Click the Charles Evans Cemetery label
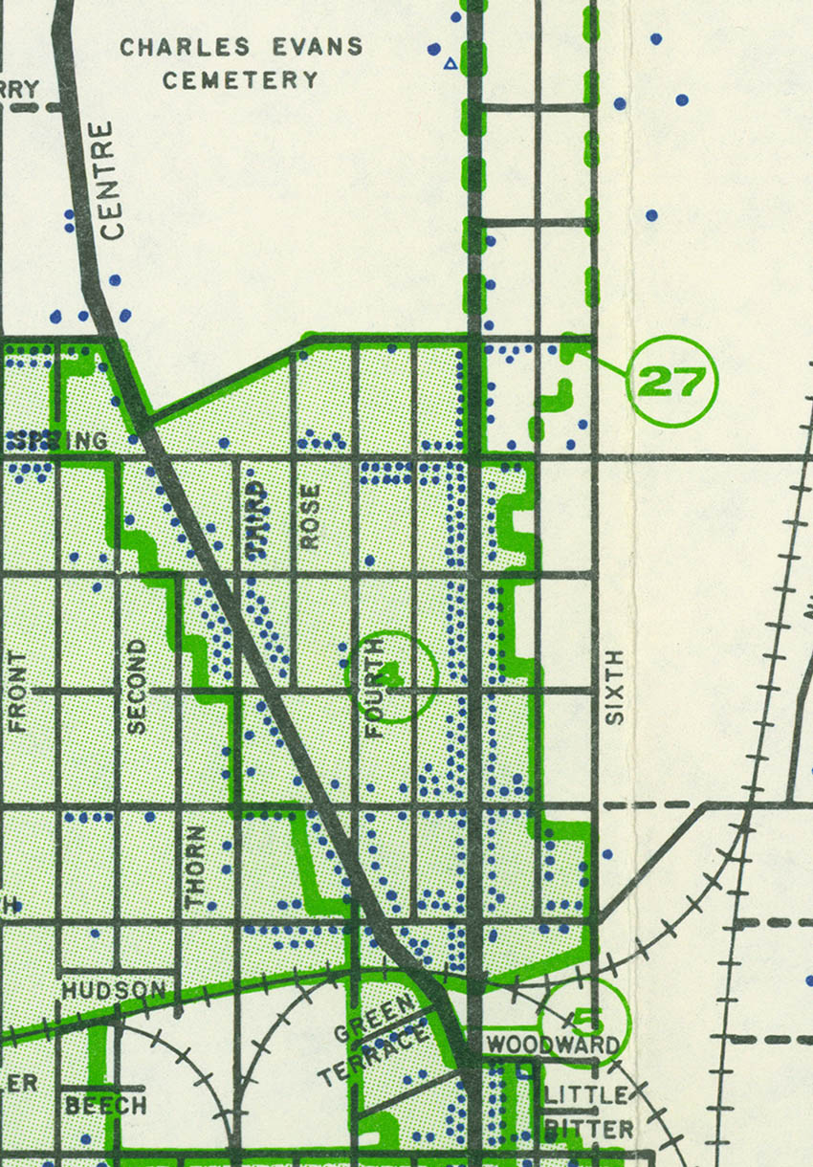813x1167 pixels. [x=240, y=62]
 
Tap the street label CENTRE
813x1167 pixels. [x=111, y=181]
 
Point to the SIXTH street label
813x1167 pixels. [x=615, y=687]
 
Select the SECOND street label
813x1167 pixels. [x=138, y=686]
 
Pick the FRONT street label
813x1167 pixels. [x=18, y=692]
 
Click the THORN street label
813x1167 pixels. [x=196, y=867]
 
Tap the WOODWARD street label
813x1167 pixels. [x=553, y=1045]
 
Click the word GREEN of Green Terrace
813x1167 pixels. [x=375, y=1018]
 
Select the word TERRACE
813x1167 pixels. [x=373, y=1054]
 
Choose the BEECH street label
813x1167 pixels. [x=105, y=1105]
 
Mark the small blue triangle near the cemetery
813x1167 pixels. [x=450, y=64]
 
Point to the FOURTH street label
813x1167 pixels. [x=374, y=687]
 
